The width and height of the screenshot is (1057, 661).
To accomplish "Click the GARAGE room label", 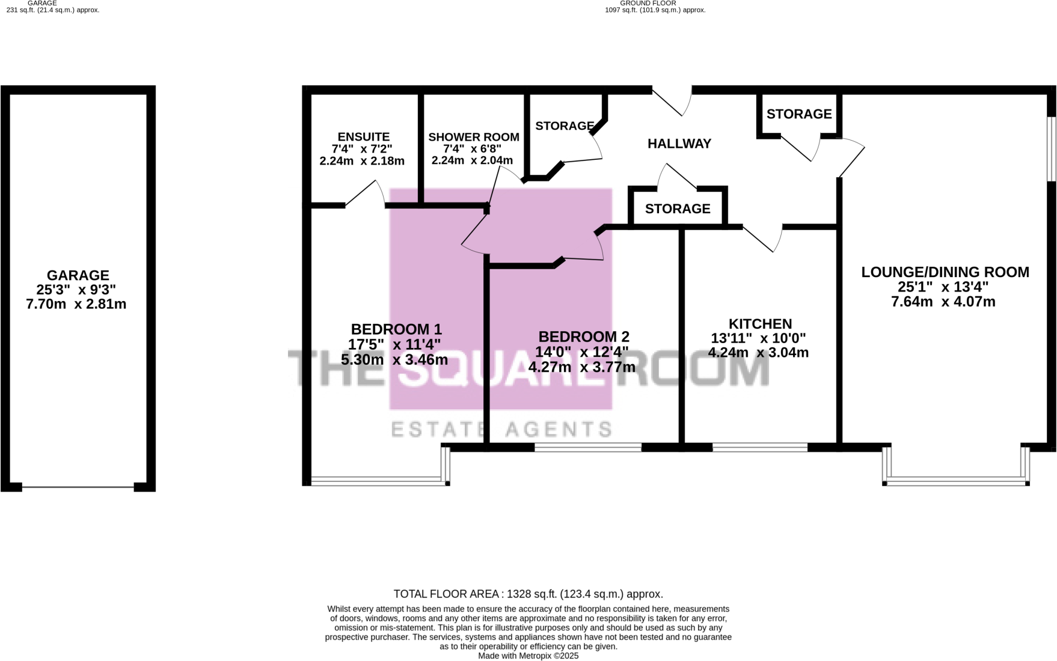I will [78, 275].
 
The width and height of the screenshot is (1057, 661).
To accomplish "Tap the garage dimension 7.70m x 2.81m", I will [76, 304].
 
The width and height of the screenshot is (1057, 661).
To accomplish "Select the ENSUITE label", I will [363, 137].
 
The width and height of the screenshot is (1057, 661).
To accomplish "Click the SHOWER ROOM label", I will [473, 137].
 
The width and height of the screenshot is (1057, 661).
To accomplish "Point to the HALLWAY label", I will [679, 144].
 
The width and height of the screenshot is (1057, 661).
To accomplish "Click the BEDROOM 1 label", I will [396, 329].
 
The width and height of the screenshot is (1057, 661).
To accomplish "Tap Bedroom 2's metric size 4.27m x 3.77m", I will [581, 367].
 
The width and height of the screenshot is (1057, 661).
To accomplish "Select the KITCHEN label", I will [760, 324].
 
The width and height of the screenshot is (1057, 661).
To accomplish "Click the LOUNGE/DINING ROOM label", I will [945, 272].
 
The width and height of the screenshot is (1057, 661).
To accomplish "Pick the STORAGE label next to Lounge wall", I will [798, 114].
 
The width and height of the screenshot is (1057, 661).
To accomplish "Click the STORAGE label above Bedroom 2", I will [678, 209].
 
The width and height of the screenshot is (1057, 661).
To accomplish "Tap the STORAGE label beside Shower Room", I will [564, 126].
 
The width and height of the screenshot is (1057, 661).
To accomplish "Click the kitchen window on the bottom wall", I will [760, 447].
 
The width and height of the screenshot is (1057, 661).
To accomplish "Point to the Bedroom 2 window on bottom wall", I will [587, 447].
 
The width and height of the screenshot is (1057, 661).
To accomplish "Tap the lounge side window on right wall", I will [1051, 148].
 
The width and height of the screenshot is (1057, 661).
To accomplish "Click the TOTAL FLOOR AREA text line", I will [528, 594].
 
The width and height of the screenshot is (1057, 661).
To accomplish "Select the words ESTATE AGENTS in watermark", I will [501, 429].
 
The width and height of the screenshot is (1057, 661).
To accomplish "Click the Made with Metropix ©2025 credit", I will [528, 656].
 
